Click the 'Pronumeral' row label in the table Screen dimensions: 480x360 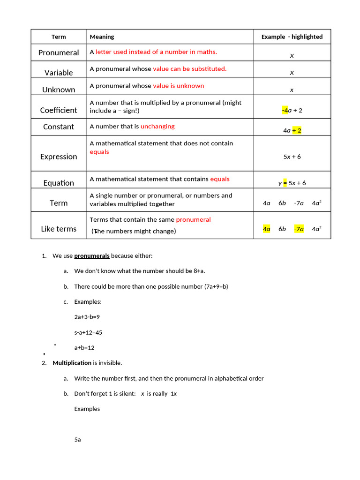pos(59,53)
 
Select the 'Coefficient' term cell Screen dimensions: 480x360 pos(59,110)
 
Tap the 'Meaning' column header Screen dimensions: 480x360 pos(102,37)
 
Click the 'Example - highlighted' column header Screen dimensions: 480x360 pos(292,37)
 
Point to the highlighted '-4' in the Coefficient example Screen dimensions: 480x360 pos(285,110)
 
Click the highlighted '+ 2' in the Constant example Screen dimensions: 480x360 pos(297,130)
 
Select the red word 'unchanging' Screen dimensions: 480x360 pos(157,127)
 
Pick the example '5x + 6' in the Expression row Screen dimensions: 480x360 pos(292,157)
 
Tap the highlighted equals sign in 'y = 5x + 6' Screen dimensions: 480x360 pos(285,183)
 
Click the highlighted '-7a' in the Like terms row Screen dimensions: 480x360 pos(299,229)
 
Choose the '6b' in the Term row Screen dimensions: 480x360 pos(282,203)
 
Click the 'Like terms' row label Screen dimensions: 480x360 pos(59,229)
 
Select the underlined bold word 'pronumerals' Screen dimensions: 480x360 pos(92,256)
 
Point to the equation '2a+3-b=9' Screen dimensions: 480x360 pos(87,317)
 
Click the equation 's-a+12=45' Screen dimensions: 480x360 pos(88,332)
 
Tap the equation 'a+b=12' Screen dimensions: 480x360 pos(84,348)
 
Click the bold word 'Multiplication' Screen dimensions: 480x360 pos(72,363)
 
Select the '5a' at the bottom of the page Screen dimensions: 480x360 pos(77,440)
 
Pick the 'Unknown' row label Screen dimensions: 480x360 pos(59,90)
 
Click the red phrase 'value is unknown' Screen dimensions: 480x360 pos(179,86)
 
